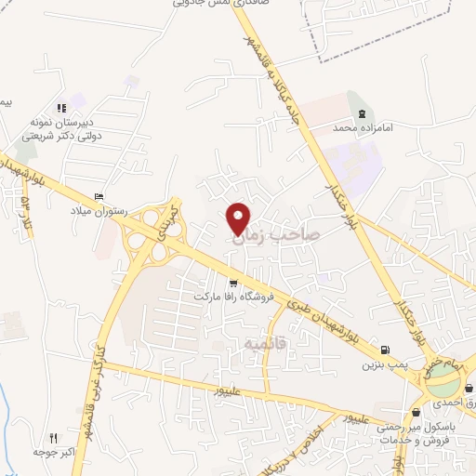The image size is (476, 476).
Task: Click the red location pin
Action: tap(239, 218)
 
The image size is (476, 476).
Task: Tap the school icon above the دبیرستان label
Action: tap(61, 108)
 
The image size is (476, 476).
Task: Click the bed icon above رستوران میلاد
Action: tap(99, 196)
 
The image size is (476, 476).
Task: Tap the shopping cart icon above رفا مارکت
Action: tap(232, 283)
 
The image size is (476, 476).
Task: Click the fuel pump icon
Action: tap(384, 350)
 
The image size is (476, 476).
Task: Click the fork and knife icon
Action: tap(53, 438)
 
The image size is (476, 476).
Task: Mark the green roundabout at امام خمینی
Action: tap(443, 377)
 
